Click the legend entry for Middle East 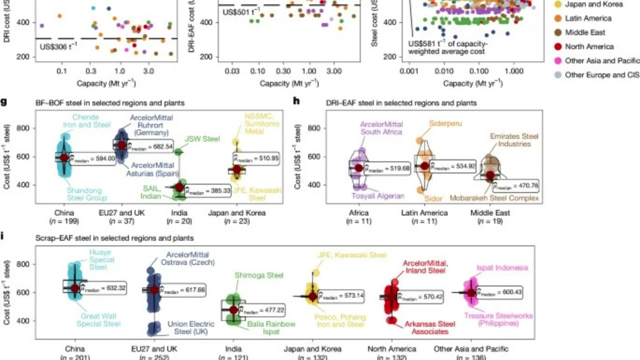[584, 32]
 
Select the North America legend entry [589, 46]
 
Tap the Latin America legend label [588, 18]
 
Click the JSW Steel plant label [202, 139]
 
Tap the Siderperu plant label [445, 123]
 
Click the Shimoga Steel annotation [258, 275]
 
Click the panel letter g [4, 102]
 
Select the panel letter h [296, 101]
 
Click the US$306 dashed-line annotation [58, 47]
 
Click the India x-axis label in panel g [179, 212]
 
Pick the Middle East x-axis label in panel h [490, 212]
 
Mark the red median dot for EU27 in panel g [121, 145]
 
